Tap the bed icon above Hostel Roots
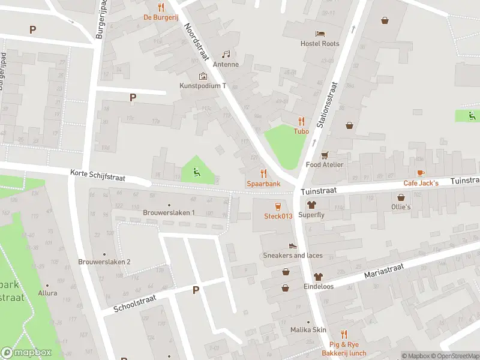point(320,33)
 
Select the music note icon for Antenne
point(226,54)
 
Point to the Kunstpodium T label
point(203,86)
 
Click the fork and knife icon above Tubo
point(301,121)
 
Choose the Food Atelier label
point(325,164)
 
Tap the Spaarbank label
point(263,183)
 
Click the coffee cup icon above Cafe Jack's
point(421,173)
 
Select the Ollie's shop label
point(401,207)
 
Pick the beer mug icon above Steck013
point(278,206)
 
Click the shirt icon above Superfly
point(311,205)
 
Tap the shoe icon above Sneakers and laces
point(293,245)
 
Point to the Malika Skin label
point(308,330)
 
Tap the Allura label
point(47,293)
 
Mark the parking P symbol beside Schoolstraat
point(196,290)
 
